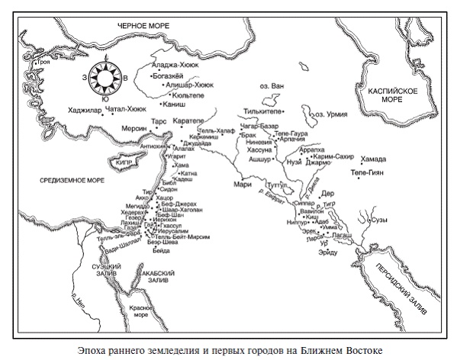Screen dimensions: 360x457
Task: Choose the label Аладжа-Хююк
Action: click(177, 65)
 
